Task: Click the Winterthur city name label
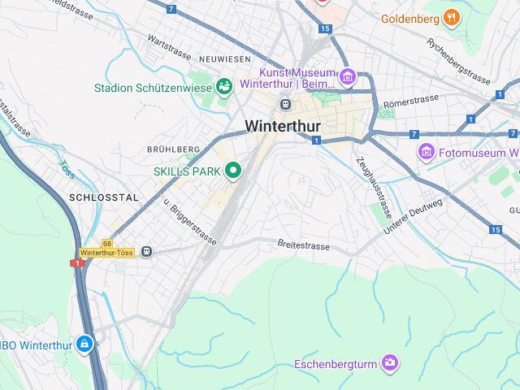coord(282,126)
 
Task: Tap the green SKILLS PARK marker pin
coord(234,170)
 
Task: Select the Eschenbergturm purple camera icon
coord(391,362)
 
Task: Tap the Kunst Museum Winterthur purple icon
coord(348,78)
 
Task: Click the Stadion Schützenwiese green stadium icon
coord(223,85)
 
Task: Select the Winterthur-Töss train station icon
coord(146,252)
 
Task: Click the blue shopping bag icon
coord(84,344)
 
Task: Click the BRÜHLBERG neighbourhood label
coord(173,149)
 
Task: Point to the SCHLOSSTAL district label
coord(104,197)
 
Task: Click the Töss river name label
coord(67,170)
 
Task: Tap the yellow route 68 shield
coord(107,244)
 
